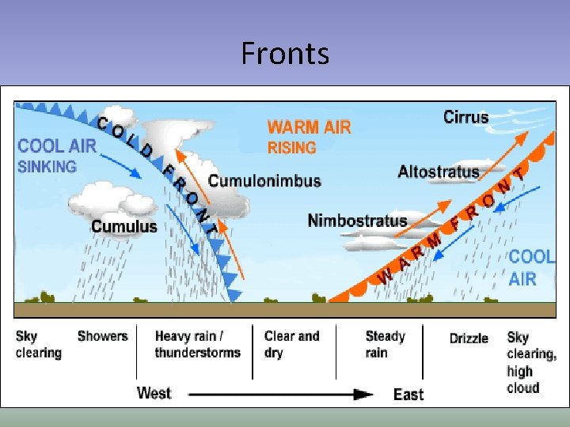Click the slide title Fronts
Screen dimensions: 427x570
tap(285, 54)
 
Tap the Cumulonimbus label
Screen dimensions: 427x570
tap(264, 180)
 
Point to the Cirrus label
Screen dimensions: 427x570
tap(465, 117)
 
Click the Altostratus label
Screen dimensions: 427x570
tap(439, 171)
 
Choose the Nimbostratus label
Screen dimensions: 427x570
tap(357, 221)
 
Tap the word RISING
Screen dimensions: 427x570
tap(292, 147)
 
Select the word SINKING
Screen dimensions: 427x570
tap(47, 166)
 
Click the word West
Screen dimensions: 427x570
tap(154, 393)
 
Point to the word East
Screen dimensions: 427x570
tap(408, 394)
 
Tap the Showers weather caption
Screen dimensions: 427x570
tap(102, 336)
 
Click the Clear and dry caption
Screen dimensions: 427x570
tap(291, 344)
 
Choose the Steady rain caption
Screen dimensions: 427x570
tap(385, 344)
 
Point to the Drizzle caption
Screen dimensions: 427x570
tap(469, 338)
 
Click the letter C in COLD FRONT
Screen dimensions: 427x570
tap(103, 123)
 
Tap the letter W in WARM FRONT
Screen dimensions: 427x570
tap(385, 276)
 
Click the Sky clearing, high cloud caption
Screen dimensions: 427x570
tap(531, 362)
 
